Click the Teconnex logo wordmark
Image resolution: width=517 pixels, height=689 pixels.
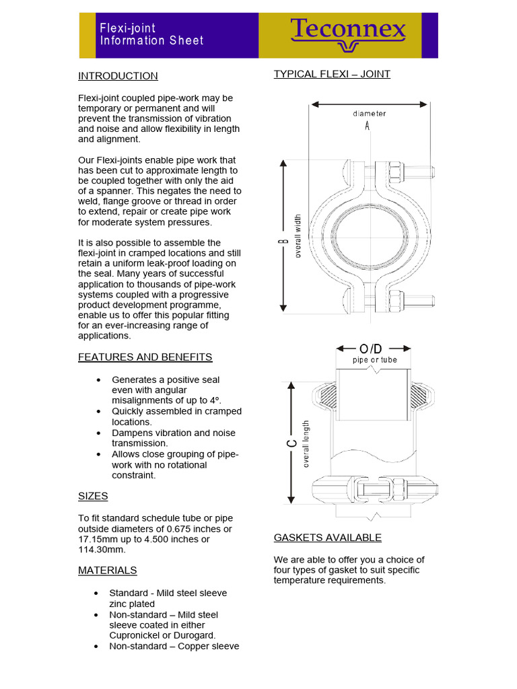(x=348, y=30)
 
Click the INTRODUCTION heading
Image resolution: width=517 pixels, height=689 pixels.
(x=118, y=76)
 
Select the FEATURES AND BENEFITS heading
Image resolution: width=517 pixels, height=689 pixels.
(x=145, y=357)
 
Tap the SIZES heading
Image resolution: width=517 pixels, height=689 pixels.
(x=93, y=497)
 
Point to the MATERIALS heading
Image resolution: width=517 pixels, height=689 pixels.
(x=107, y=571)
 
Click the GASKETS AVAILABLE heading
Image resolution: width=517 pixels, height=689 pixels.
(x=327, y=538)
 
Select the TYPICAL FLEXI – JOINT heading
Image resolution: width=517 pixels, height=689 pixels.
(x=331, y=74)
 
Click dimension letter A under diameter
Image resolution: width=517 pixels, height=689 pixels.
(x=368, y=126)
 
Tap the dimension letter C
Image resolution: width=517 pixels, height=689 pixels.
(x=291, y=443)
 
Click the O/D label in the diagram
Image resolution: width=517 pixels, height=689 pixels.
(x=371, y=349)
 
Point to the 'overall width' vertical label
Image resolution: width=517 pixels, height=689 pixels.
(x=298, y=236)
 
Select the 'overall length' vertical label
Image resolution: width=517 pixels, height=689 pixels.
(x=306, y=443)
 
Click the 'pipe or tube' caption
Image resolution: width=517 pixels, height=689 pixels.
(x=375, y=360)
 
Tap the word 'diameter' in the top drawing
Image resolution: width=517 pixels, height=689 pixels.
(x=370, y=114)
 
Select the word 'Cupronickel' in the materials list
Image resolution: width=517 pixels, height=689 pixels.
(x=136, y=635)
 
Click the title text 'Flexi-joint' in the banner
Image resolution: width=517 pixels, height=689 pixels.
(x=128, y=28)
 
